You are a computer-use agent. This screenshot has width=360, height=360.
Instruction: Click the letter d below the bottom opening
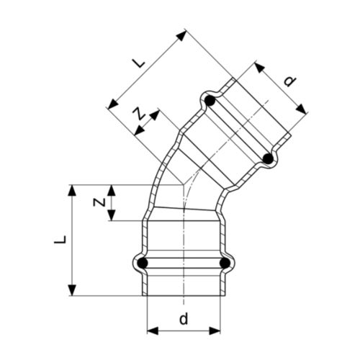pyautogui.click(x=184, y=318)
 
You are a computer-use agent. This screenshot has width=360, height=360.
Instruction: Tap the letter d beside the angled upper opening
pyautogui.click(x=289, y=81)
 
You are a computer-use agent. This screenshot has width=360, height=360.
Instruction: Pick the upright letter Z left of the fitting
pyautogui.click(x=102, y=203)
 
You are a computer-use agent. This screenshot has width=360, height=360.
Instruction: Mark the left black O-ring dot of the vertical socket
pyautogui.click(x=143, y=264)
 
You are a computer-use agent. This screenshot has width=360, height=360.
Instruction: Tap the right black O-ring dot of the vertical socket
pyautogui.click(x=226, y=264)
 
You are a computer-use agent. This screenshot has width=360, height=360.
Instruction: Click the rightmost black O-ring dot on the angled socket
pyautogui.click(x=268, y=158)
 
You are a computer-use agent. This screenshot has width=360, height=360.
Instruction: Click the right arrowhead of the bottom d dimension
pyautogui.click(x=218, y=330)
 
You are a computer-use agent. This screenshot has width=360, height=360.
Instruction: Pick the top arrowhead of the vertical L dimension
pyautogui.click(x=72, y=188)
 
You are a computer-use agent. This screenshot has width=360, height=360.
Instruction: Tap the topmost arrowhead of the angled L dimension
pyautogui.click(x=186, y=32)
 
